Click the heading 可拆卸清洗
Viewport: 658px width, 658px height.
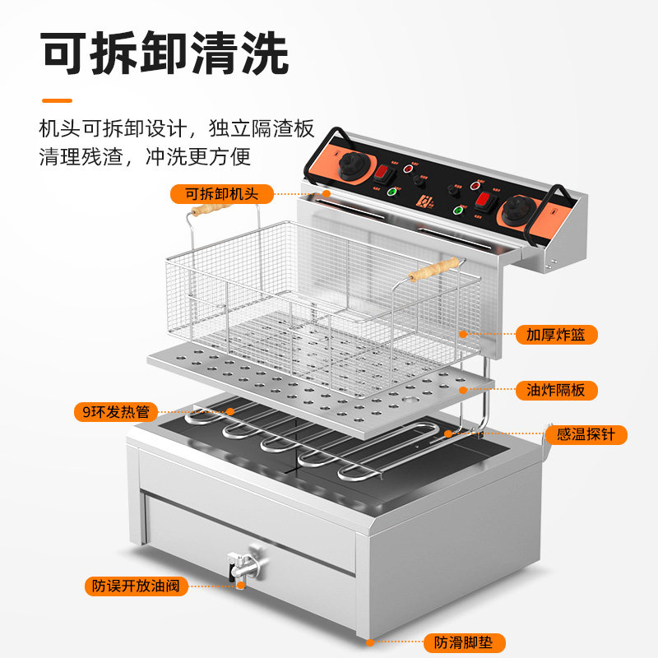click(164, 55)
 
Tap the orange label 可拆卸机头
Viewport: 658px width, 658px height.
click(221, 194)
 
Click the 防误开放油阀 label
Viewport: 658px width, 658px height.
click(136, 586)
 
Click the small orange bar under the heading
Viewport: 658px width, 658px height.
click(57, 100)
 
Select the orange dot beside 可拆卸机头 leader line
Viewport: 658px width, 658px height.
click(304, 194)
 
